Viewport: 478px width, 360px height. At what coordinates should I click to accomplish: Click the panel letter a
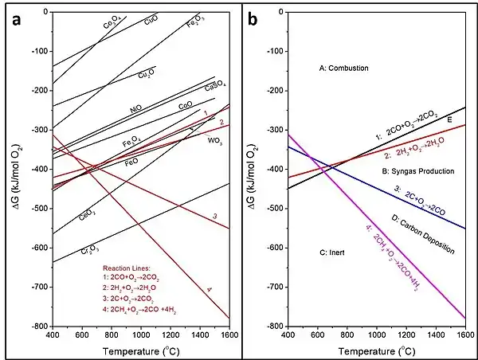[15, 21]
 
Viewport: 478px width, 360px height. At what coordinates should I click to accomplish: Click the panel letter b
[253, 21]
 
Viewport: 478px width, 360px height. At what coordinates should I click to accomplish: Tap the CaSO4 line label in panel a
[215, 85]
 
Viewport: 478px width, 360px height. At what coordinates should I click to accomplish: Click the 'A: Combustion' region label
[343, 68]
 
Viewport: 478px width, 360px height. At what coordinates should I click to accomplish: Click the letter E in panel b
[449, 119]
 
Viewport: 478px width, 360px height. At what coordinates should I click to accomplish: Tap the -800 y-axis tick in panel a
[37, 327]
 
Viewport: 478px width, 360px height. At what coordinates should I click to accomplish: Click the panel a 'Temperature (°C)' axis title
[140, 350]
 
